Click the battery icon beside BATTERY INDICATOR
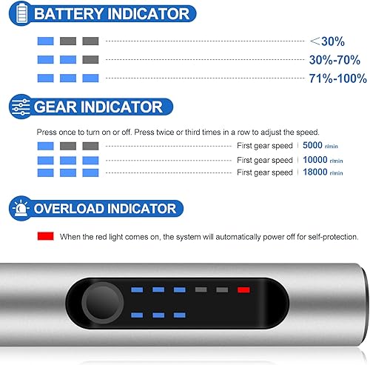pyautogui.click(x=21, y=13)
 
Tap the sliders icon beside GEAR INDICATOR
pyautogui.click(x=21, y=107)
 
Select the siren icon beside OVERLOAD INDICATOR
pyautogui.click(x=21, y=209)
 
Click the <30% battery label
pyautogui.click(x=327, y=41)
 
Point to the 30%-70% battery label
pyautogui.click(x=334, y=60)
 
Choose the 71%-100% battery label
pyautogui.click(x=338, y=78)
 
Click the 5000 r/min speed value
pyautogui.click(x=320, y=145)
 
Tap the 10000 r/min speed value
pyautogui.click(x=323, y=160)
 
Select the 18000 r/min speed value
pyautogui.click(x=323, y=172)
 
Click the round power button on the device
pyautogui.click(x=102, y=303)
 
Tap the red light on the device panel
pyautogui.click(x=243, y=289)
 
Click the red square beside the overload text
pyautogui.click(x=45, y=236)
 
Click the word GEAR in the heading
pyautogui.click(x=55, y=107)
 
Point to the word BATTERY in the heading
pyautogui.click(x=68, y=13)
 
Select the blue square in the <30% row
pyautogui.click(x=45, y=41)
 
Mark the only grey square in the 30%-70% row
pyautogui.click(x=90, y=59)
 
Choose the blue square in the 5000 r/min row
pyautogui.click(x=45, y=146)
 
